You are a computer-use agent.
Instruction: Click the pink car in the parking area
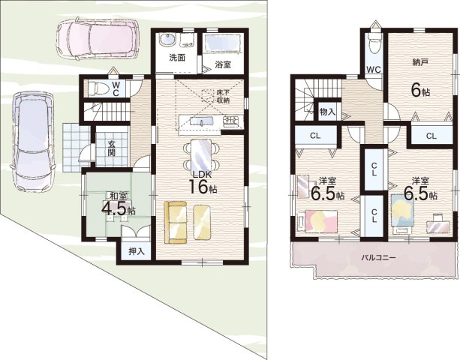click(x=98, y=38)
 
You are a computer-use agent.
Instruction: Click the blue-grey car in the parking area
click(x=33, y=142)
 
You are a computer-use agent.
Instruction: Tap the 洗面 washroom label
click(x=177, y=57)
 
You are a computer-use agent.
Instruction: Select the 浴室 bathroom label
click(x=223, y=64)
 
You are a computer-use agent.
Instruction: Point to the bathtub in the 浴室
click(x=222, y=43)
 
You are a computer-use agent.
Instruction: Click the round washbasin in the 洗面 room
click(x=167, y=40)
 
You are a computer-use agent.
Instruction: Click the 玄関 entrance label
click(x=111, y=148)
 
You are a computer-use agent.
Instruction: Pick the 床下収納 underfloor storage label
click(x=223, y=96)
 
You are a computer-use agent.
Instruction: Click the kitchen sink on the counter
click(x=202, y=121)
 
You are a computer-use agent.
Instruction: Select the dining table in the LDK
click(x=201, y=154)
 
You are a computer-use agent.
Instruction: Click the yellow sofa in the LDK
click(x=176, y=222)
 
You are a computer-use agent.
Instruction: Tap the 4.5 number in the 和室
click(x=114, y=208)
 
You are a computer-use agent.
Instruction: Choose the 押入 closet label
click(x=136, y=251)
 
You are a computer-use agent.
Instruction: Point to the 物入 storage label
click(x=327, y=112)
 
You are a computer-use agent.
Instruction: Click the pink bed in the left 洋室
click(x=320, y=221)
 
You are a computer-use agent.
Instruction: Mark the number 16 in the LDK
click(x=199, y=187)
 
